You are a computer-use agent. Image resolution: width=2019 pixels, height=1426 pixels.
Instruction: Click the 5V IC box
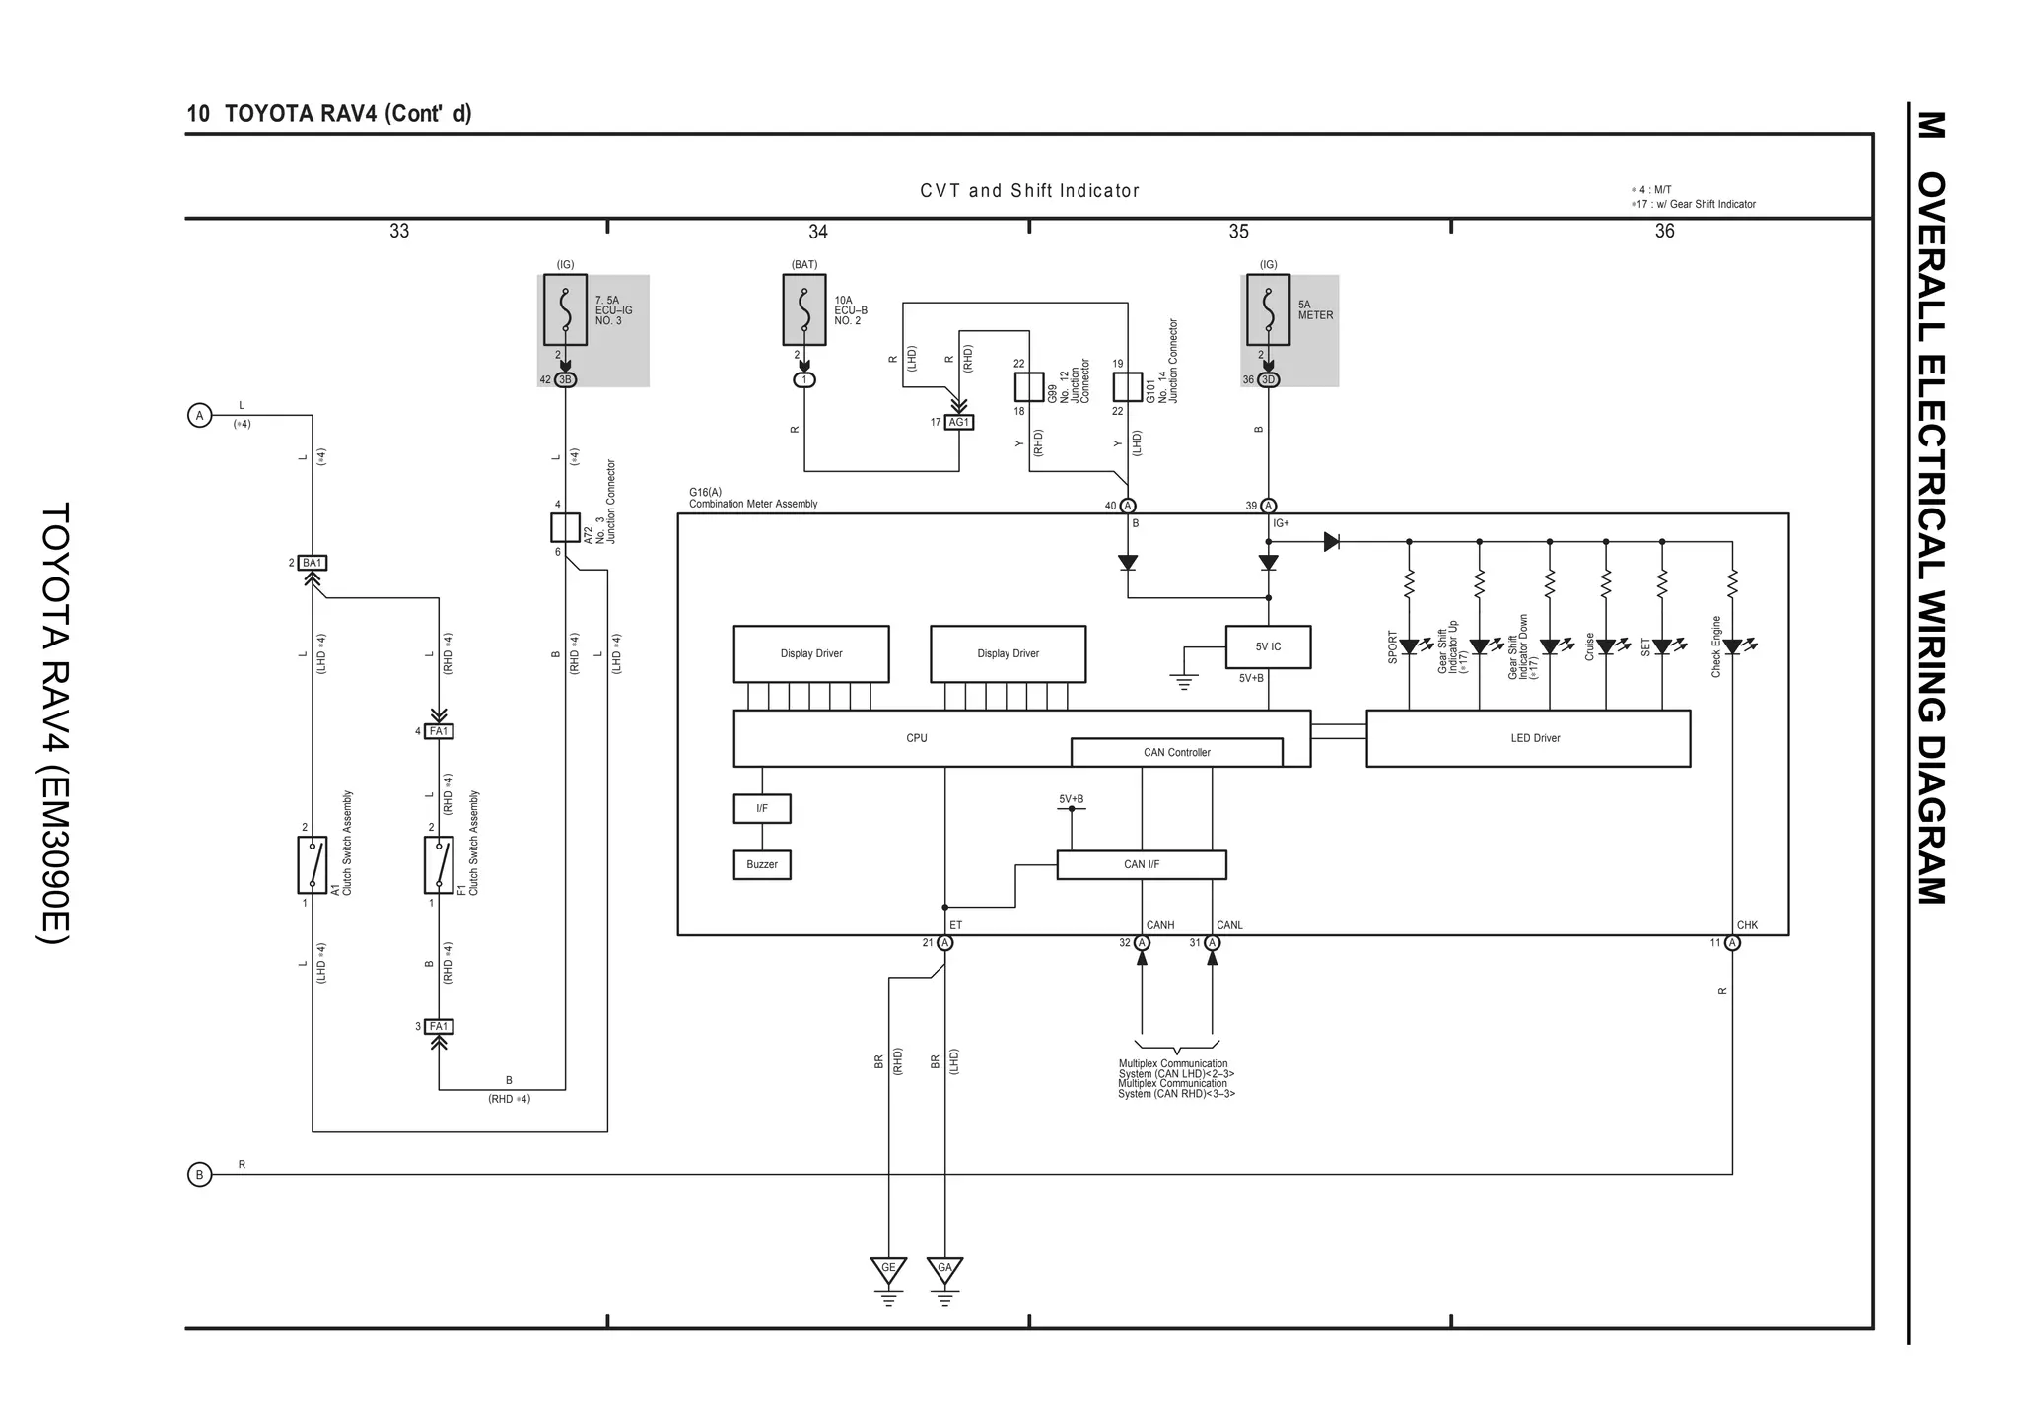(x=1268, y=646)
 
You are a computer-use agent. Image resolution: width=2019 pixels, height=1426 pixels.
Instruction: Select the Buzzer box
(x=761, y=864)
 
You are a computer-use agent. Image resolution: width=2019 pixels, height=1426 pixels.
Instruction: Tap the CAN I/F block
(x=1141, y=864)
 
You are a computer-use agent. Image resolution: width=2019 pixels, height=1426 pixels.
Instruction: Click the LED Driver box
(x=1527, y=737)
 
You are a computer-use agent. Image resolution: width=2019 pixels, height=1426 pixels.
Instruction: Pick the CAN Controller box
(x=1176, y=752)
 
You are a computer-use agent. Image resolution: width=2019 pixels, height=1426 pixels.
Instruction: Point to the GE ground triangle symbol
(x=888, y=1269)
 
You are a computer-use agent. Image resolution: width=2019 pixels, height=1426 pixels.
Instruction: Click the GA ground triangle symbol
(x=944, y=1269)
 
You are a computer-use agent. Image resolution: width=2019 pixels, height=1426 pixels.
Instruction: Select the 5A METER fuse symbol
(x=1268, y=309)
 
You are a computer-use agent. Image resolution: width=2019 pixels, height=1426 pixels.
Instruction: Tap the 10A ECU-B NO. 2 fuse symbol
(x=804, y=309)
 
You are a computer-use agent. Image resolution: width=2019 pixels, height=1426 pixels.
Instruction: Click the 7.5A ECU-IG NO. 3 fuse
(x=565, y=309)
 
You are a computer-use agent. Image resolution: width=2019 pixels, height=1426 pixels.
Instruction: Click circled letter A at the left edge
(x=200, y=416)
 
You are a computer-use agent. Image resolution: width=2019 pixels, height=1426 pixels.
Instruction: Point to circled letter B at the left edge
(x=200, y=1175)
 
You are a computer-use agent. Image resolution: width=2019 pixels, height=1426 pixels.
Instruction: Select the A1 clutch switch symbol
(x=312, y=864)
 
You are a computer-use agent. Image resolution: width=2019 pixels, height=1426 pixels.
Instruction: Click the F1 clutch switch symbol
(x=439, y=864)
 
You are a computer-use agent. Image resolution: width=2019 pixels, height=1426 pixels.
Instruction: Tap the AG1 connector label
(x=958, y=422)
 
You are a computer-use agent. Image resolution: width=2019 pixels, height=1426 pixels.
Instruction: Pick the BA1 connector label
(x=312, y=563)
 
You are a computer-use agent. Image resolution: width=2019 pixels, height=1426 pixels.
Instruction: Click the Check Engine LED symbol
(x=1732, y=646)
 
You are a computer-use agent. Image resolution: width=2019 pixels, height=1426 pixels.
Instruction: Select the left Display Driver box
(x=810, y=653)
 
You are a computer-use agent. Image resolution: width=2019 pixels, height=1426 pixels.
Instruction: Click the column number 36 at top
(x=1664, y=231)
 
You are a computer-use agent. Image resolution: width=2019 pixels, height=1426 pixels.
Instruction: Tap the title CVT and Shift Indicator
(x=1029, y=191)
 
